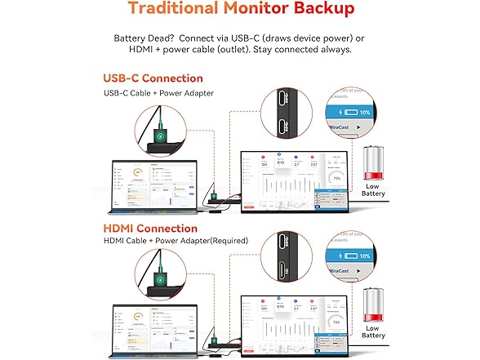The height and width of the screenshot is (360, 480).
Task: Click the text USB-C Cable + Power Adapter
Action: click(x=158, y=93)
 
